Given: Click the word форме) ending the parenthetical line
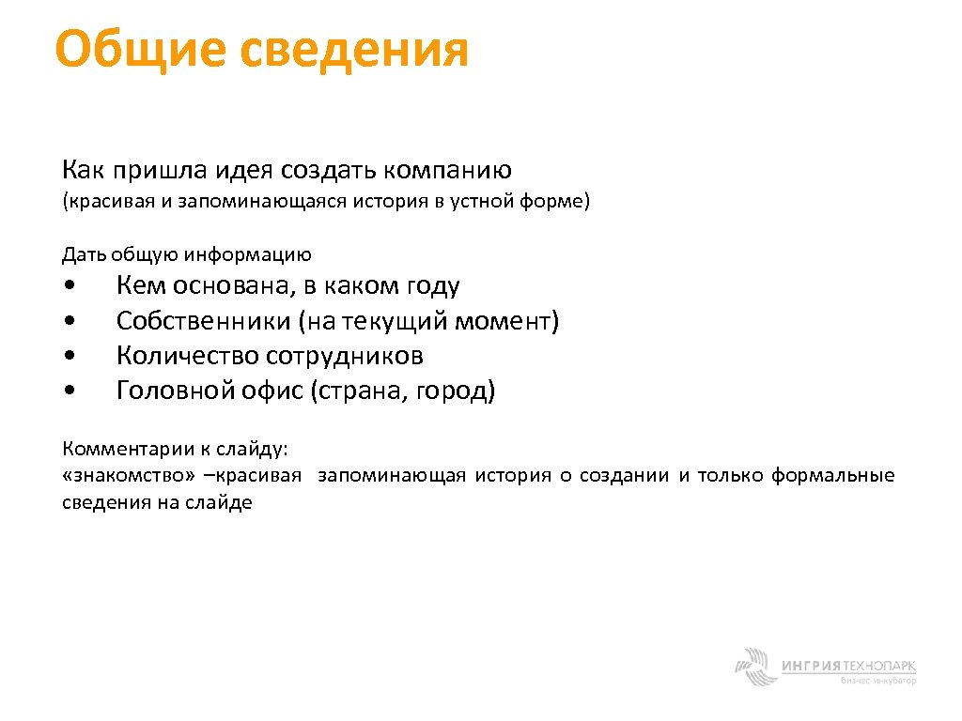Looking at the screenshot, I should pyautogui.click(x=560, y=201).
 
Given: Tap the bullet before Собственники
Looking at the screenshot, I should pyautogui.click(x=71, y=322).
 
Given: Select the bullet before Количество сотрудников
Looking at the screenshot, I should pyautogui.click(x=71, y=357).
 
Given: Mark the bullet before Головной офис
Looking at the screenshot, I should pyautogui.click(x=71, y=391).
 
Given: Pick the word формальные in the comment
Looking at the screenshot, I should pyautogui.click(x=833, y=475).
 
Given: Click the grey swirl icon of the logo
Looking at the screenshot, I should pyautogui.click(x=754, y=667).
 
